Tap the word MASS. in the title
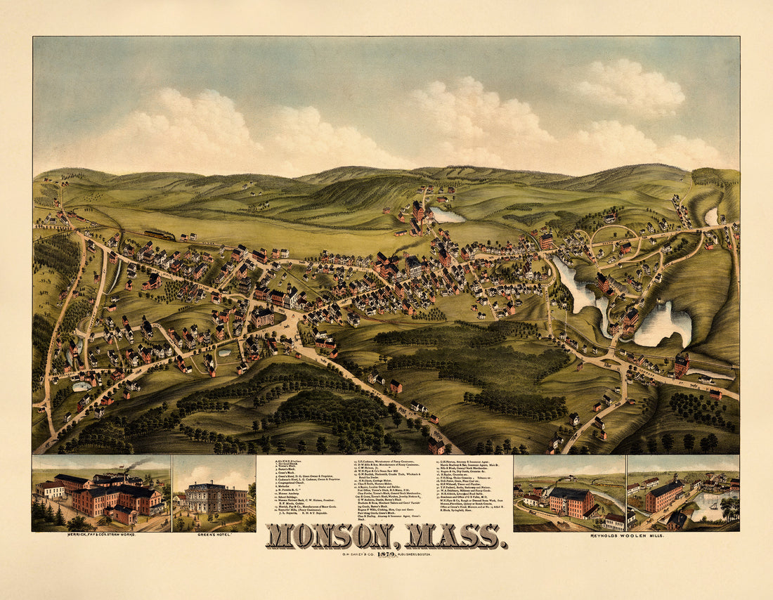pyautogui.click(x=454, y=536)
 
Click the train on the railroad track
pyautogui.click(x=160, y=235)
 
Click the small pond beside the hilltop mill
pyautogui.click(x=447, y=215)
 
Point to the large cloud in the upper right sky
pyautogui.click(x=629, y=88)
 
